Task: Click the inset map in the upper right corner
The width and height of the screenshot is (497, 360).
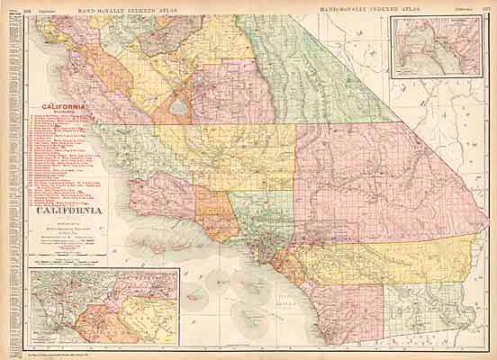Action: point(435,51)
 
